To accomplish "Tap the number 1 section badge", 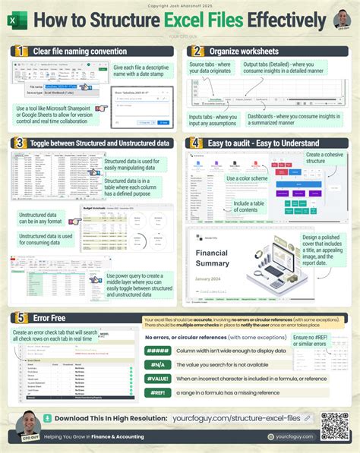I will [18, 51].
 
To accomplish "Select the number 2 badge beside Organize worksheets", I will [197, 51].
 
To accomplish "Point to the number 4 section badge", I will [197, 142].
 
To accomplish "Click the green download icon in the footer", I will [49, 417].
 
